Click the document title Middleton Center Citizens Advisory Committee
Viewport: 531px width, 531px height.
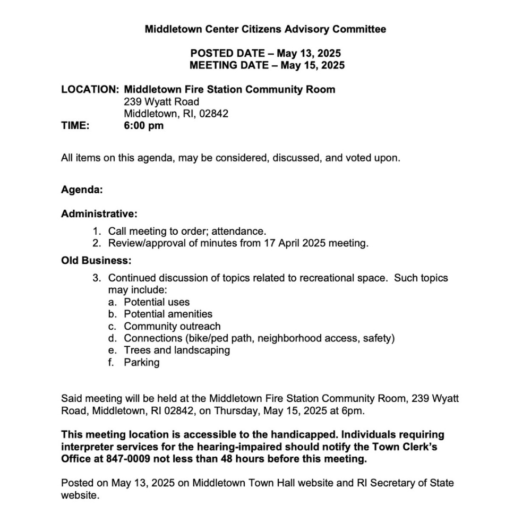(x=265, y=29)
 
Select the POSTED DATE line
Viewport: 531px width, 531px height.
(x=265, y=54)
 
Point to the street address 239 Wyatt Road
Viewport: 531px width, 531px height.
(x=161, y=101)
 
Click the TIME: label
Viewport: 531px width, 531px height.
(x=75, y=126)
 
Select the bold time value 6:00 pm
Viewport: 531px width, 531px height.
(x=143, y=126)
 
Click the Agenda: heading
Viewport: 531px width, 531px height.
(x=82, y=190)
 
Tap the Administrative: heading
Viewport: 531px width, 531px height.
(x=99, y=214)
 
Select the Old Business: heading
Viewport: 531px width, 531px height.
(x=96, y=261)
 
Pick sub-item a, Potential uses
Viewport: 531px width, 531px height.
(x=157, y=302)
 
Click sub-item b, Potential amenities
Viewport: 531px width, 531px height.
(x=168, y=314)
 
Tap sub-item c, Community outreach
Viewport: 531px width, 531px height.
(x=172, y=326)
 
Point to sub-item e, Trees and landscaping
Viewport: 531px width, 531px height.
(x=177, y=350)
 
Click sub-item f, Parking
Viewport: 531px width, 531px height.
(x=141, y=363)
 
